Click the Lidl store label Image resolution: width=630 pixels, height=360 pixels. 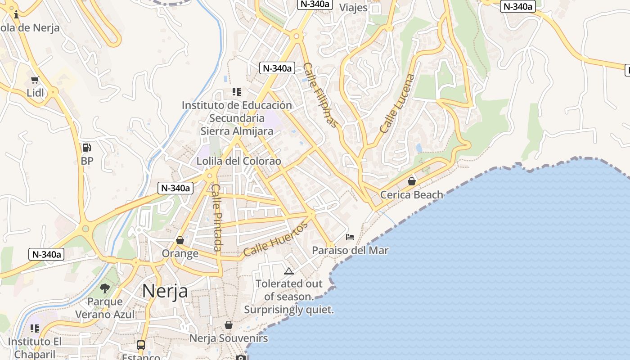[x=36, y=93]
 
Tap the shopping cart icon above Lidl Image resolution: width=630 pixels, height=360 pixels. [x=35, y=80]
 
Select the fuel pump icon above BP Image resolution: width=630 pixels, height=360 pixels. [x=86, y=147]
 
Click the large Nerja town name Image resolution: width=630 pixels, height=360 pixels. [x=165, y=291]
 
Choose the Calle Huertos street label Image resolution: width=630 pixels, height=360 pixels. [x=275, y=238]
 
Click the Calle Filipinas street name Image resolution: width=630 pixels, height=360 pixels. [x=320, y=95]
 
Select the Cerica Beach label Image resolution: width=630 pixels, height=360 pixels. [x=412, y=195]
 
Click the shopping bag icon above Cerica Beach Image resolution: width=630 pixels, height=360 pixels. [x=411, y=181]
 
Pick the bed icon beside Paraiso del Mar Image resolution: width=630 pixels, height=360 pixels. [x=350, y=237]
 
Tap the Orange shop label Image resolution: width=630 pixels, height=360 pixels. [x=180, y=254]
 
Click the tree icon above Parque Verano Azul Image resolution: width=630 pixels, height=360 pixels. [x=105, y=288]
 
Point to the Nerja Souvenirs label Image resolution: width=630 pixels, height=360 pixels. [x=229, y=338]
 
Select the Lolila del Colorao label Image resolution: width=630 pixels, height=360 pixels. [x=238, y=161]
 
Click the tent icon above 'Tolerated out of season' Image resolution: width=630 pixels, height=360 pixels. [x=288, y=271]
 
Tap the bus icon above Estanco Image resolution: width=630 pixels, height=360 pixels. [x=141, y=345]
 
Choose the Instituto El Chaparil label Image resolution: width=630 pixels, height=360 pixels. [x=35, y=347]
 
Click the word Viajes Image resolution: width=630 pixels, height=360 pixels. [x=353, y=8]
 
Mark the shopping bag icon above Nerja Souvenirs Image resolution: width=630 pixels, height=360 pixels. [x=229, y=325]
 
